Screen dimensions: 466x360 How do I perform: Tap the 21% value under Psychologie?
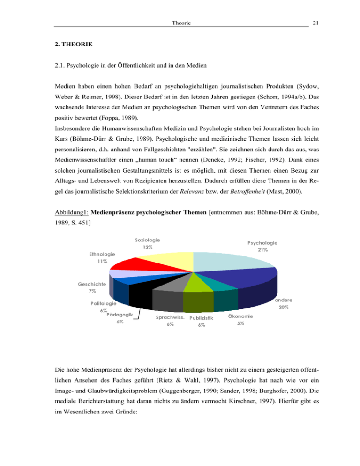(x=262, y=250)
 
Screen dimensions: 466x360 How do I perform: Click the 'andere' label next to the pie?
(x=281, y=301)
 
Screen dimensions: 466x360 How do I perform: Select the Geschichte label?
(x=92, y=284)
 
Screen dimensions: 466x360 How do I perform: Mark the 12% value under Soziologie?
(x=149, y=247)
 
